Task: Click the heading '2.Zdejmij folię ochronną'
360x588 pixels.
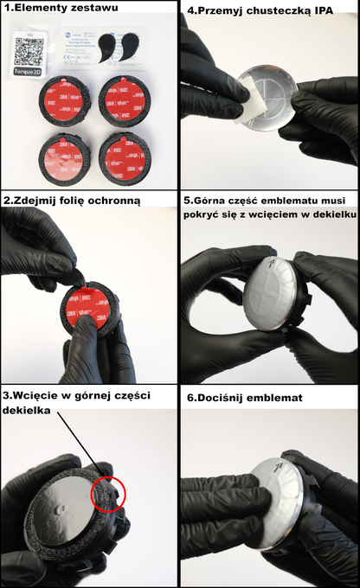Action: (x=72, y=200)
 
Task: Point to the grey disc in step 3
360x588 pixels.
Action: (x=69, y=502)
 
